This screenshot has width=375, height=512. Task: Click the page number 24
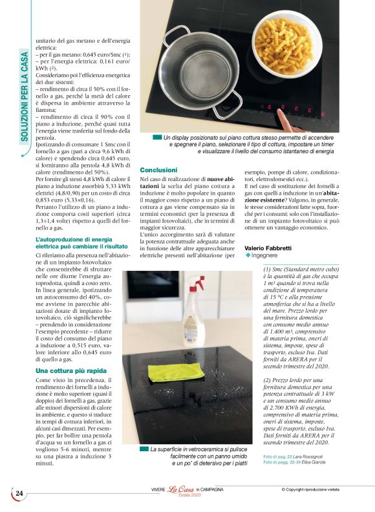coord(19,493)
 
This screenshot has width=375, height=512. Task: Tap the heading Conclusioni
coord(158,169)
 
